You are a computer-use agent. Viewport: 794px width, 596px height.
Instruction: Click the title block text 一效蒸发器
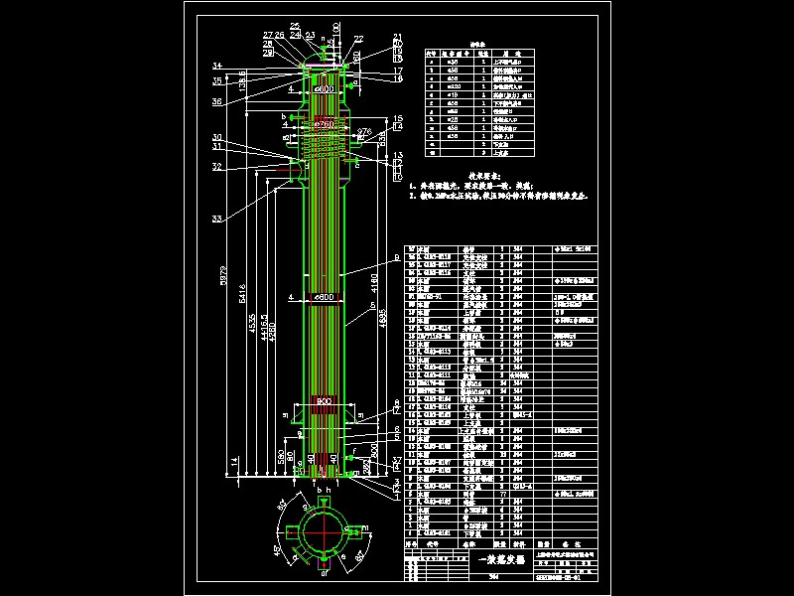(x=494, y=561)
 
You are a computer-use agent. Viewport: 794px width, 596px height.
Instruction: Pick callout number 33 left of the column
(x=216, y=219)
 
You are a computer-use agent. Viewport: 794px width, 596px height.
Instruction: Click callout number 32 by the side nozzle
(x=216, y=167)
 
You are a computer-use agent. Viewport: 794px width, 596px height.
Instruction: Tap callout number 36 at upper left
(x=216, y=100)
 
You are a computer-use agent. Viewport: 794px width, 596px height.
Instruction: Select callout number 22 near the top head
(x=358, y=39)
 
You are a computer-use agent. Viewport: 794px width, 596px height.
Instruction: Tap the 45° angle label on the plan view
(x=275, y=548)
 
